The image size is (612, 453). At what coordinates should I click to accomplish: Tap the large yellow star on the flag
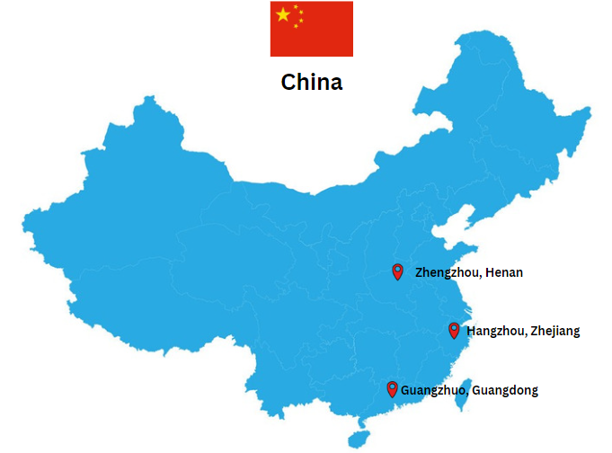click(x=284, y=14)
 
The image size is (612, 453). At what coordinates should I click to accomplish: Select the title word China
click(x=311, y=82)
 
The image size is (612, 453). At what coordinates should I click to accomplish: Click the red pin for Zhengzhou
click(x=397, y=271)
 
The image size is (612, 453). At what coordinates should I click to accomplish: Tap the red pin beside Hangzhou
click(x=454, y=329)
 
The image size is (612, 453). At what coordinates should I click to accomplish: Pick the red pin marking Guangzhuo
click(x=392, y=388)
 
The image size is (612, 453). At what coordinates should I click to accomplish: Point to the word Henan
click(x=503, y=272)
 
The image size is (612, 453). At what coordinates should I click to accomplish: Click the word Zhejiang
click(x=555, y=331)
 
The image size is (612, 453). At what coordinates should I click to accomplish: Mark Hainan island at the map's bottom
click(x=359, y=438)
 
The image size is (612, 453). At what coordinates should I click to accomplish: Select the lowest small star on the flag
click(x=296, y=26)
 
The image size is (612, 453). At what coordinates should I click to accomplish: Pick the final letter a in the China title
click(x=335, y=83)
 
